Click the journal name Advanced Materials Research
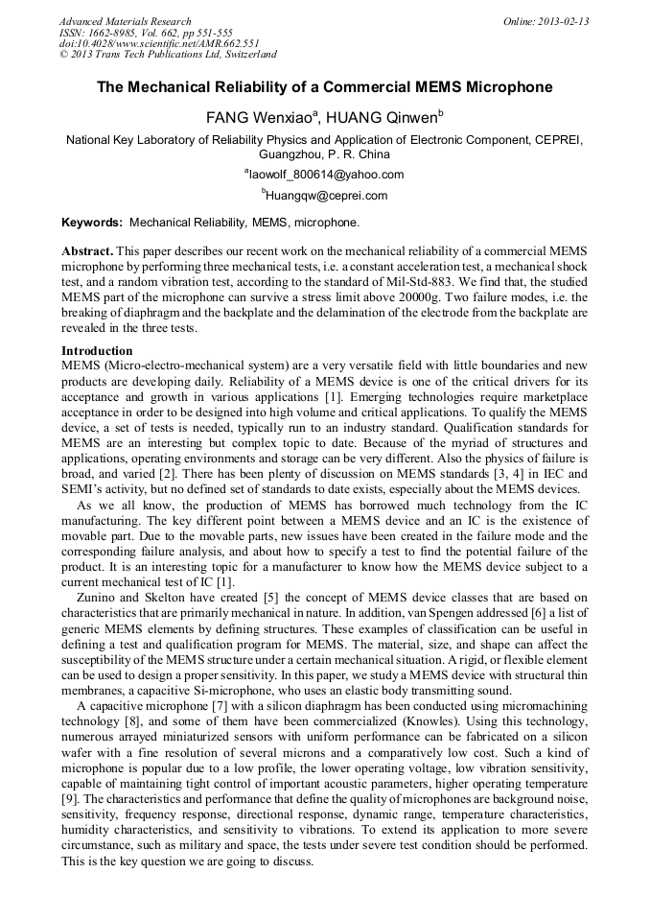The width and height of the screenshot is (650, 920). pyautogui.click(x=125, y=21)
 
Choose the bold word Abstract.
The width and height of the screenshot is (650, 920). pyautogui.click(x=87, y=250)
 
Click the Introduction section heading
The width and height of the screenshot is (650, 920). pyautogui.click(x=97, y=351)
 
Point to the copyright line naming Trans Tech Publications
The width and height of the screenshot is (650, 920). pyautogui.click(x=169, y=55)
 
